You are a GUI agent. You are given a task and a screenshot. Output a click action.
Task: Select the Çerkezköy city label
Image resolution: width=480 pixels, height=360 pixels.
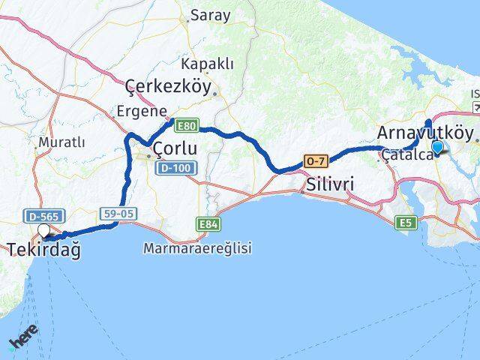[x=169, y=86]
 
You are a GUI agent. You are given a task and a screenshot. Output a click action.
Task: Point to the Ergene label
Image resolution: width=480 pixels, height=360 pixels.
[x=141, y=110]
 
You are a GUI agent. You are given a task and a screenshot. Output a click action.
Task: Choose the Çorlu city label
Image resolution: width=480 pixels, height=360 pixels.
[x=175, y=149]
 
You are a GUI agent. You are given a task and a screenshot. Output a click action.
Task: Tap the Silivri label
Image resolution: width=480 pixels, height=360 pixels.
[x=329, y=184]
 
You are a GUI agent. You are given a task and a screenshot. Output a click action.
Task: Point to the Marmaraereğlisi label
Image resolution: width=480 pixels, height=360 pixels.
[x=197, y=247]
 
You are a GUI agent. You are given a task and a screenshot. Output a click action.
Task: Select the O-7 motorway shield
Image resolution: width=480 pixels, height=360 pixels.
[x=313, y=161]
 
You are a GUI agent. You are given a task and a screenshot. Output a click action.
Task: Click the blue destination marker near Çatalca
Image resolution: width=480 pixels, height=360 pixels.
[x=437, y=148]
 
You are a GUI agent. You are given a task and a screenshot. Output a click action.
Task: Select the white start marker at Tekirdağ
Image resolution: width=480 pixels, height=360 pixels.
[x=43, y=231]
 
